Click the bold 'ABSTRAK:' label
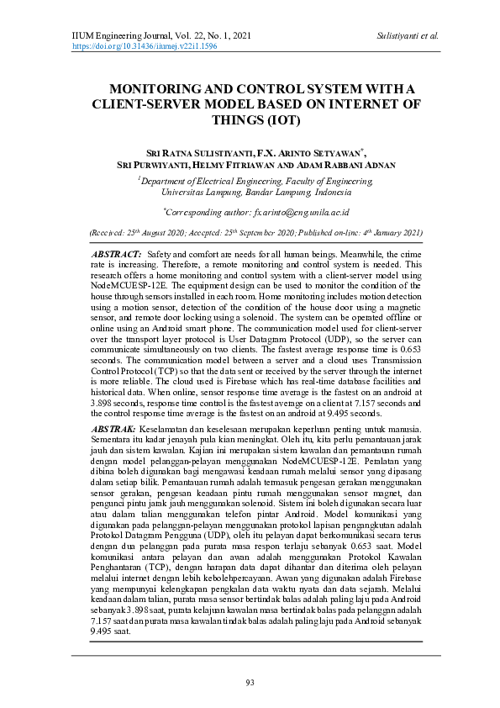(x=114, y=430)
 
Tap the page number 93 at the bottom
(x=250, y=682)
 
